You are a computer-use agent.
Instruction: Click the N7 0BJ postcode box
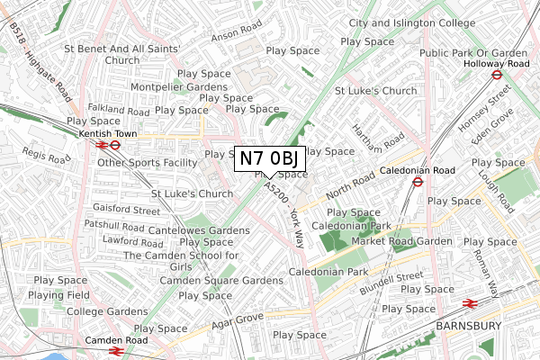(271, 158)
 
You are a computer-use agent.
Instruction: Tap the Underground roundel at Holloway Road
(495, 76)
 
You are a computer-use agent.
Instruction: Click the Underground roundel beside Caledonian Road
(418, 181)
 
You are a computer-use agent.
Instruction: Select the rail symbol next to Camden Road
(115, 353)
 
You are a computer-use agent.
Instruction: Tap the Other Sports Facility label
(147, 163)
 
